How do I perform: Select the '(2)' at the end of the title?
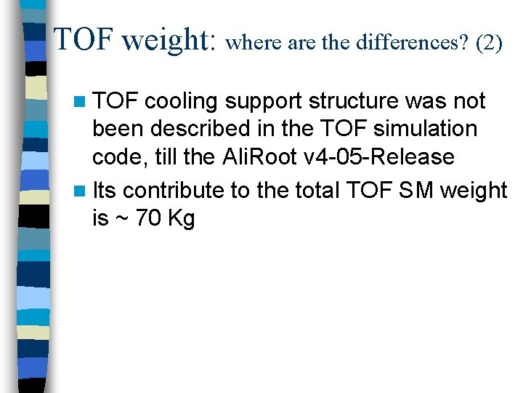pos(489,43)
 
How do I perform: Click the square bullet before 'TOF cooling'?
pos(82,101)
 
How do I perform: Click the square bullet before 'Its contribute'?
pos(82,191)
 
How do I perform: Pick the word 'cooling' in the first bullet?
pos(182,101)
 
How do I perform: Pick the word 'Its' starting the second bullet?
pos(104,191)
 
